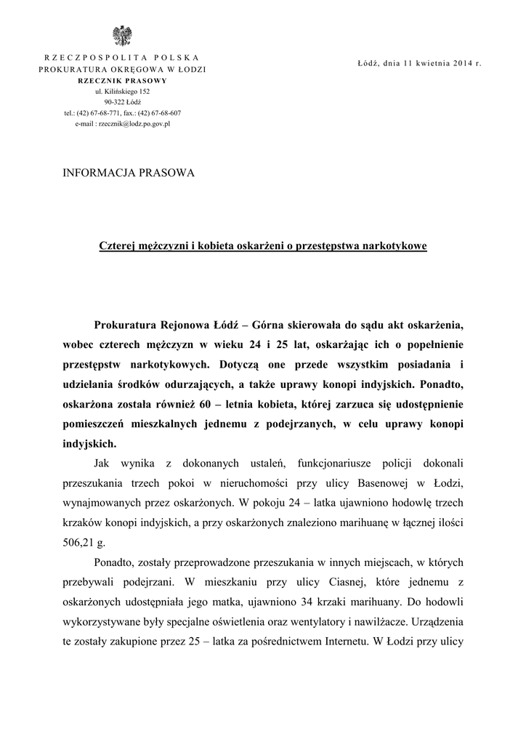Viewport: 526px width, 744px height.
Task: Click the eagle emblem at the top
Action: coord(122,36)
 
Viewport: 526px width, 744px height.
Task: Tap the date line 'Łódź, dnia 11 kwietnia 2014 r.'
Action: coord(420,64)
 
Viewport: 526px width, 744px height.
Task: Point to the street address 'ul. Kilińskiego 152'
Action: coord(122,92)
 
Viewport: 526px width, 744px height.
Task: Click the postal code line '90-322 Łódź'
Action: coord(122,102)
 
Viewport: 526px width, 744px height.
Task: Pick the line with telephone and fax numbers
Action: coord(122,113)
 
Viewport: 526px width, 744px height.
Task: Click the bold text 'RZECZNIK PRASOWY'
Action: coord(122,80)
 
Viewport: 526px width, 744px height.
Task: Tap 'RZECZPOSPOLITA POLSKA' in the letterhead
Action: coord(122,57)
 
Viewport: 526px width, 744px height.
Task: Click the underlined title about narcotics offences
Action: coord(263,246)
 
